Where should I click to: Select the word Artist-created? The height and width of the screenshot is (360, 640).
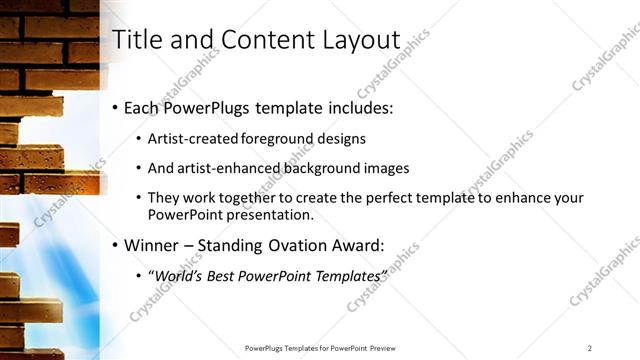pos(190,139)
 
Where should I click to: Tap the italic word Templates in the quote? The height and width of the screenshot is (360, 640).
pos(344,275)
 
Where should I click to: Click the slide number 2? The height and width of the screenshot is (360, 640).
pos(590,348)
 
